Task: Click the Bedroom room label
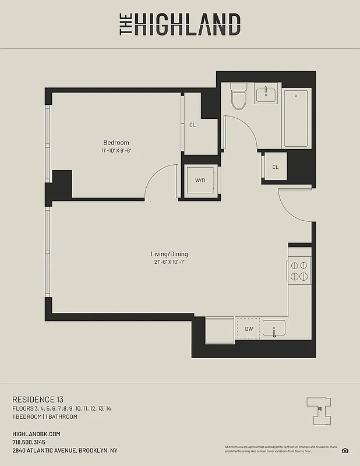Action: click(116, 143)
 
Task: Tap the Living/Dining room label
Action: click(169, 254)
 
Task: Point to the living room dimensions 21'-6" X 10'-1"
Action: click(169, 263)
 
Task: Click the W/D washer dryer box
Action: click(200, 181)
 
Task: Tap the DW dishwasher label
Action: click(249, 329)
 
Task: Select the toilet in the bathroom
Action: click(238, 97)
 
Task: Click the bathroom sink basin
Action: click(267, 93)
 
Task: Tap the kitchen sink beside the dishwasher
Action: click(273, 329)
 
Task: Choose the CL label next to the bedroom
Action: click(193, 125)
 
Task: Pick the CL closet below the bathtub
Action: click(276, 167)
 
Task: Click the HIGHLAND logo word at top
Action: click(186, 25)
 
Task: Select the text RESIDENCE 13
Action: click(37, 399)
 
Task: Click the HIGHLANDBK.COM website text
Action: click(36, 434)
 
